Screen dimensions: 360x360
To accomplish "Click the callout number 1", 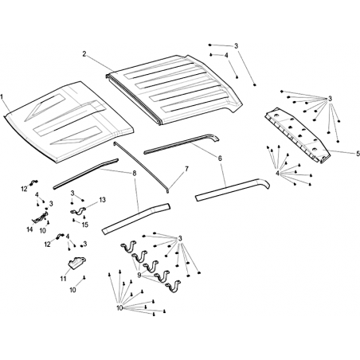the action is [2, 96].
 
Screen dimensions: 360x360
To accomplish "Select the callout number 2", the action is [84, 54].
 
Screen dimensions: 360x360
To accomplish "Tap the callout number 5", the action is [358, 153].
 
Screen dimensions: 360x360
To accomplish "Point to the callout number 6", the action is [220, 158].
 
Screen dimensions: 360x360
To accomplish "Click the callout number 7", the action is [186, 169].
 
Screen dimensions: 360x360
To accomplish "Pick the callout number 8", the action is [135, 174].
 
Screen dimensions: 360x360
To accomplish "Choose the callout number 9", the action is [139, 276].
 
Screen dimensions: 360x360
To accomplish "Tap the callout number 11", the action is [63, 279].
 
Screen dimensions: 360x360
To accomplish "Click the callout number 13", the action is [102, 199].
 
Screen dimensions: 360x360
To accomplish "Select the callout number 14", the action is [29, 229].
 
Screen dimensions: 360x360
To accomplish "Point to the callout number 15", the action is [85, 225].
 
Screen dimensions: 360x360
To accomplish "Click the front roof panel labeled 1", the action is [69, 121].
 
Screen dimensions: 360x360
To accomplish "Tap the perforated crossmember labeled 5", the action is [297, 135].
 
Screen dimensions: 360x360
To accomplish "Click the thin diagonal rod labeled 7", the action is [141, 167].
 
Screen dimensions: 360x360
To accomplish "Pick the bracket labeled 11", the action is [76, 262].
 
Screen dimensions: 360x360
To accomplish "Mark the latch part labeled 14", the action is [40, 217].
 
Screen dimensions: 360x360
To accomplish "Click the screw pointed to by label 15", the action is [73, 220].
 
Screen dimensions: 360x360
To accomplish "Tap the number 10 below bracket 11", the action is [72, 290].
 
